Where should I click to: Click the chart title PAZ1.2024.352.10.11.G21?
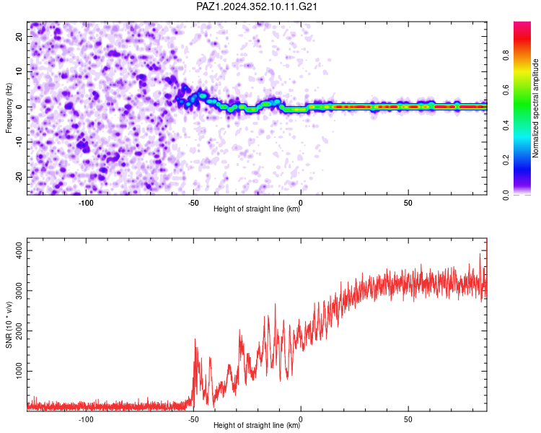pos(256,6)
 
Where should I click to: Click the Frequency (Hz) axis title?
pos(9,108)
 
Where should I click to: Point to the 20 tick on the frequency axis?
pos(19,37)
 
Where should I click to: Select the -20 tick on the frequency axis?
pos(19,178)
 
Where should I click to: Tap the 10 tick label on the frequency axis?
pos(19,72)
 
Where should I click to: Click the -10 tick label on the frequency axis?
pos(19,142)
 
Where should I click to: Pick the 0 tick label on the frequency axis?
pos(19,107)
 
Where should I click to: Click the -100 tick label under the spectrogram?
pos(86,203)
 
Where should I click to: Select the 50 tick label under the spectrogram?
pos(408,203)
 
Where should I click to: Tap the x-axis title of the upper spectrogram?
pos(257,209)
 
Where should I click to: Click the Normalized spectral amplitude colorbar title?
pos(535,108)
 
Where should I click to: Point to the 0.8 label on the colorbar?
pos(506,56)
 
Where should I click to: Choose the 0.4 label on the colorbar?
pos(506,126)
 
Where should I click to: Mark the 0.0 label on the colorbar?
pos(506,195)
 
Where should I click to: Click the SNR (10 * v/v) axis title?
pos(9,325)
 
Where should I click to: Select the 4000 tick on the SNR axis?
pos(19,250)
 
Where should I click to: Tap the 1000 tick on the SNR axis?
pos(19,371)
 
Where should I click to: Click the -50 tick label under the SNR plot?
pos(193,419)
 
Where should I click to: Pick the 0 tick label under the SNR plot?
pos(301,419)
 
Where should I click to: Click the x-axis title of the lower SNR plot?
pos(257,425)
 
